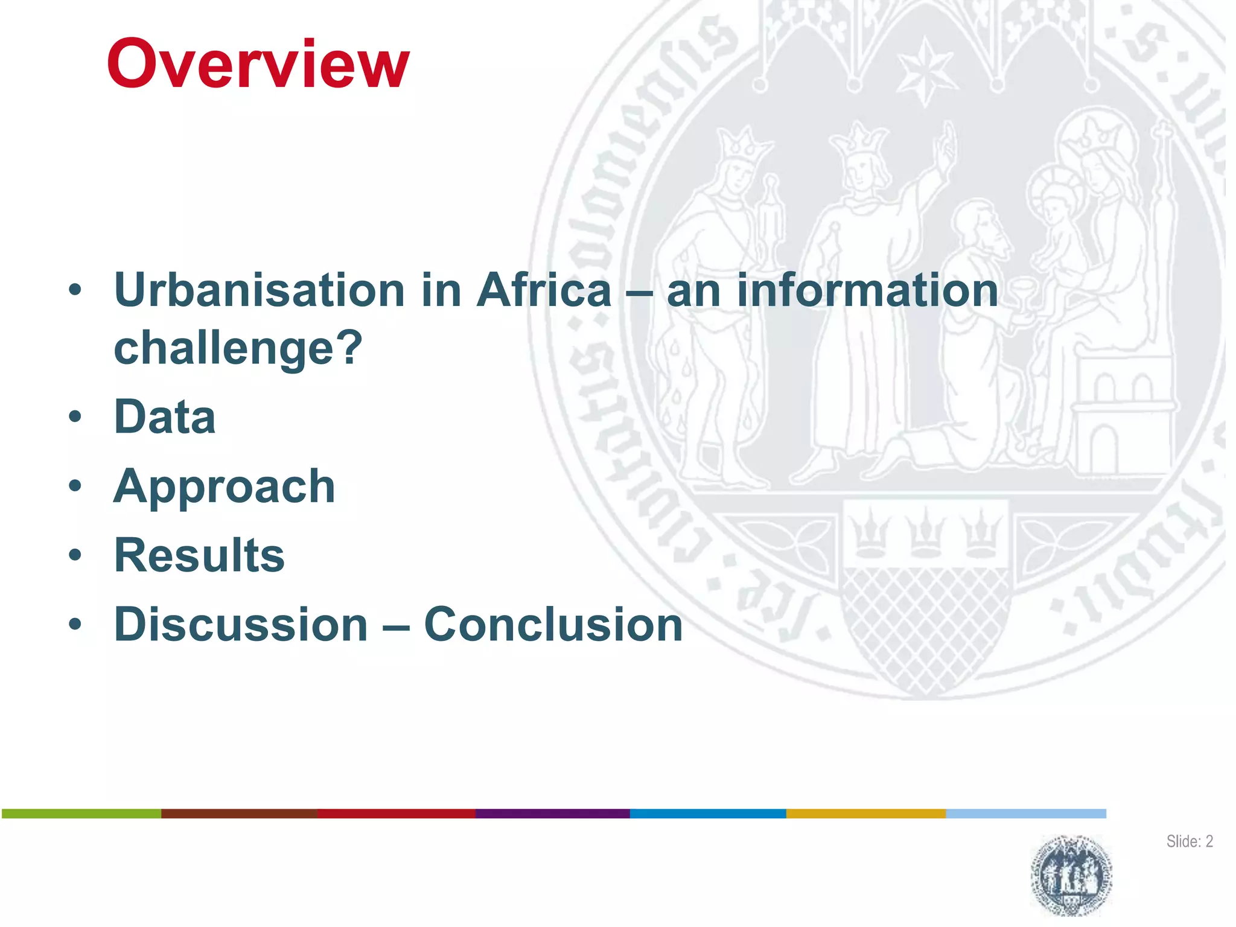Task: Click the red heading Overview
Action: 258,63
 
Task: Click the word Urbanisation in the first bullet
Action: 258,290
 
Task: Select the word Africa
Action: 544,290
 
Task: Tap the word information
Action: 867,290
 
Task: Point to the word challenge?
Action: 238,348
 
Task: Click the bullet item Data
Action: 165,417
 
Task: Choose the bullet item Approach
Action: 224,486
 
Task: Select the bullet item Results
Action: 199,555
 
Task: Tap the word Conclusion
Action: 553,625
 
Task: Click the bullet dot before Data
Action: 75,417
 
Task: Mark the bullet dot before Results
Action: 75,555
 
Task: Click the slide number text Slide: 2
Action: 1189,841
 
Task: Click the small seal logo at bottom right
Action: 1071,875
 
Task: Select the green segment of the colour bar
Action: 81,814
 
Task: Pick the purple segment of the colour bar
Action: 552,814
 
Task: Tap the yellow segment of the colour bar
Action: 865,814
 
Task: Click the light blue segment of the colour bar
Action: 1025,814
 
